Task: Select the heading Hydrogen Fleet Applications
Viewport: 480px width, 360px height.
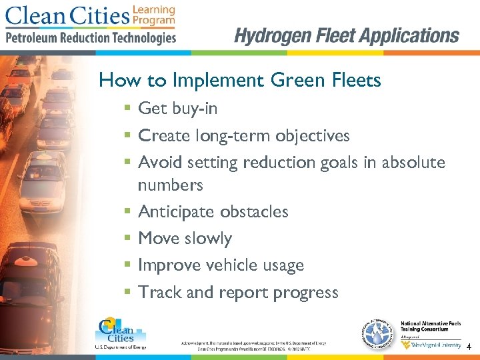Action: (x=347, y=35)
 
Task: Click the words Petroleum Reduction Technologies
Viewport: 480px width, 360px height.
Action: (x=91, y=37)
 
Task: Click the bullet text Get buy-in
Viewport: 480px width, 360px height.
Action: (x=177, y=108)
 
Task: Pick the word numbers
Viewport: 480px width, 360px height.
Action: (x=170, y=185)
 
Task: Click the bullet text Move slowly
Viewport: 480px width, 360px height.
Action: (x=185, y=238)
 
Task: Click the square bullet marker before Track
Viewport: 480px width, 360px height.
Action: (x=127, y=292)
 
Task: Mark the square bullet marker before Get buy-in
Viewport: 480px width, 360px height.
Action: (x=127, y=108)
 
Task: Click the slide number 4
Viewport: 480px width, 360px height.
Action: (x=469, y=347)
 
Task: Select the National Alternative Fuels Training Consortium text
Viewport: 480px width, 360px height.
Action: (x=430, y=328)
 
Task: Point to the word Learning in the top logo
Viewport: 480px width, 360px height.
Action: (x=154, y=10)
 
